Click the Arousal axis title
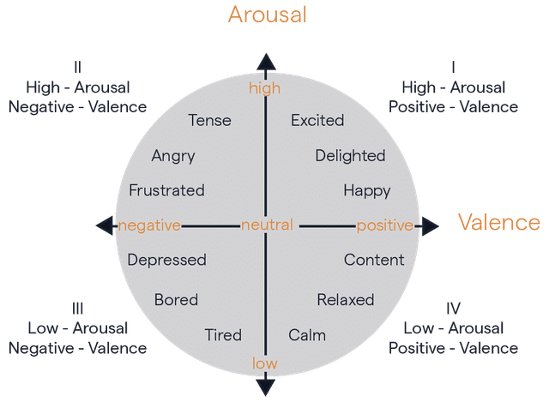267,15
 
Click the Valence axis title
498,223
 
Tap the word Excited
317,120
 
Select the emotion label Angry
173,156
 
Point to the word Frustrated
166,190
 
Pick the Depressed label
166,260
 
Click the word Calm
307,334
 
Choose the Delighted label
350,156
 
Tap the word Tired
223,334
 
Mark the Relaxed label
346,300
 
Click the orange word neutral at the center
267,225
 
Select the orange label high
265,87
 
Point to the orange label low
265,363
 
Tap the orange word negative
149,225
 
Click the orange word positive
384,225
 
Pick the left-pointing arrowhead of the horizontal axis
105,225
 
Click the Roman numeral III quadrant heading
77,308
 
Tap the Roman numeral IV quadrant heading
454,308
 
